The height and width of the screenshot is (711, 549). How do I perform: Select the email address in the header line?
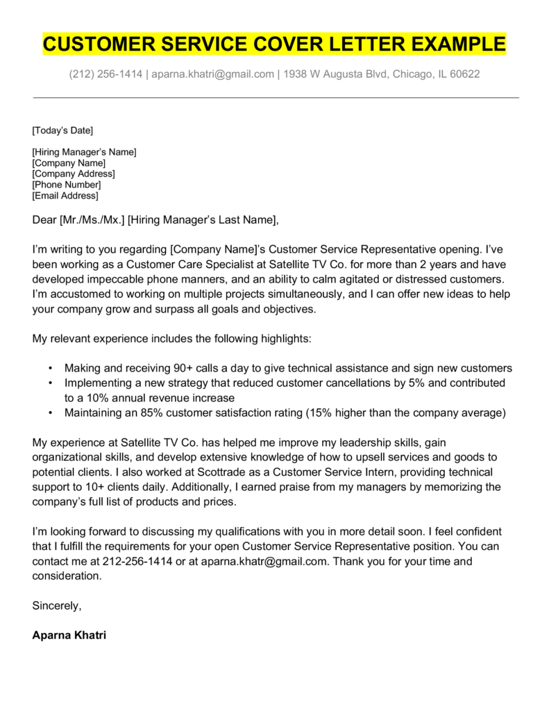pos(213,74)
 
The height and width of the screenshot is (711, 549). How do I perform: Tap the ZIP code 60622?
pos(464,74)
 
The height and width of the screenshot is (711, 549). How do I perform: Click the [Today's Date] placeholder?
pos(62,131)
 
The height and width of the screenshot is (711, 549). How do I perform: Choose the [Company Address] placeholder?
pos(74,174)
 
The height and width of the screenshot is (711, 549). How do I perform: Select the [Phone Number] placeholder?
pos(67,185)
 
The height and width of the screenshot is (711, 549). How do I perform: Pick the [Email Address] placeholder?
pos(65,196)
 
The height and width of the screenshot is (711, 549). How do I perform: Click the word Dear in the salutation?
pos(44,221)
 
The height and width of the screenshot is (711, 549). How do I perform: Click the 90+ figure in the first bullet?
pos(190,369)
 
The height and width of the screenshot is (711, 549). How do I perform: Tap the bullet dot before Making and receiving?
pos(51,369)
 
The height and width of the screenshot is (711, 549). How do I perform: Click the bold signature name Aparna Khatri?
pos(69,635)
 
